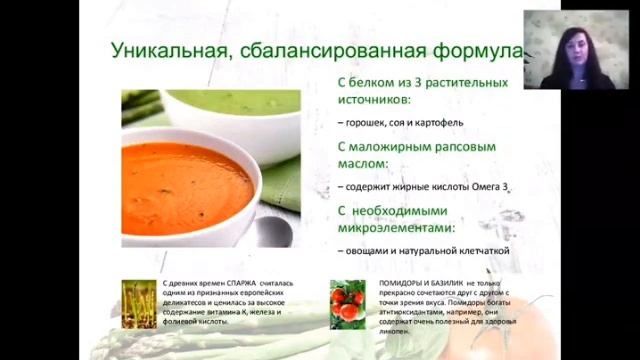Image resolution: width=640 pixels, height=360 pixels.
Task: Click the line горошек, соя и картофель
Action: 396,122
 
